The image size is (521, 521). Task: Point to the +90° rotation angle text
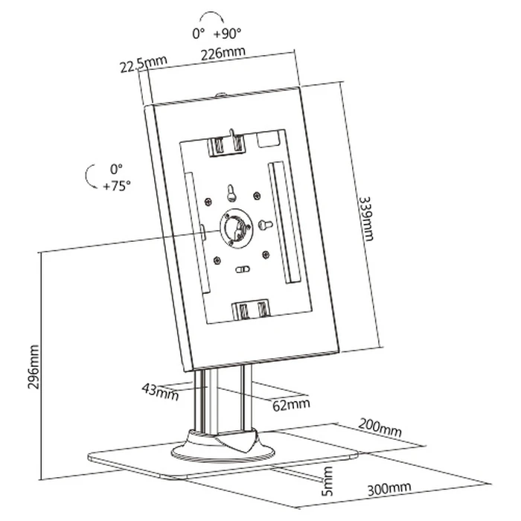[226, 34]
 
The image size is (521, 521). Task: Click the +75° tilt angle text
[117, 186]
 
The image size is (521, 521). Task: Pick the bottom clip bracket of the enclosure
[251, 310]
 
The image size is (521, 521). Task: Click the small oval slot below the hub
[241, 270]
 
